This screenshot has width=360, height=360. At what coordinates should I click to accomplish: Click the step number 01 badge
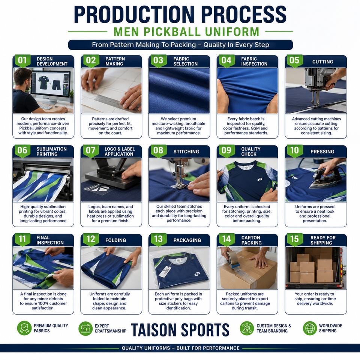[x=22, y=61]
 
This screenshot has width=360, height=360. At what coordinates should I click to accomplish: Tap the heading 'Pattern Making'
[x=115, y=61]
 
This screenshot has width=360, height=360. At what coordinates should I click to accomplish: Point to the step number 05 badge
[x=295, y=61]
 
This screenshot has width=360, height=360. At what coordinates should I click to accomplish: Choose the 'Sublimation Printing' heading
[x=51, y=151]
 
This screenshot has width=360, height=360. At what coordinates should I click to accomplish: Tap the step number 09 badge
[x=226, y=151]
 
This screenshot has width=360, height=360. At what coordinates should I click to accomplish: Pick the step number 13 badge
[x=158, y=240]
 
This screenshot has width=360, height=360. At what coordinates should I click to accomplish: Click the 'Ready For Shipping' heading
[x=323, y=240]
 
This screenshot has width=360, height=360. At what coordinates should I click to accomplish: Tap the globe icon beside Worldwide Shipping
[x=310, y=328]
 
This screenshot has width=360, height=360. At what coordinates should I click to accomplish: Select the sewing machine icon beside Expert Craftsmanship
[x=85, y=328]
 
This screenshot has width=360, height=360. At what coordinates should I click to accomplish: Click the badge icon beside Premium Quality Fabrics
[x=24, y=328]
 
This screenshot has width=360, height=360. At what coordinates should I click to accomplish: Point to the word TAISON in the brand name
[x=154, y=330]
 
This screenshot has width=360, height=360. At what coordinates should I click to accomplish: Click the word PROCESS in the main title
[x=244, y=15]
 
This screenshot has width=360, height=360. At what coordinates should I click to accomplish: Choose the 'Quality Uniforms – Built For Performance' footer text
[x=180, y=348]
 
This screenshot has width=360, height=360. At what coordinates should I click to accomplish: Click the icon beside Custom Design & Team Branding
[x=247, y=328]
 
